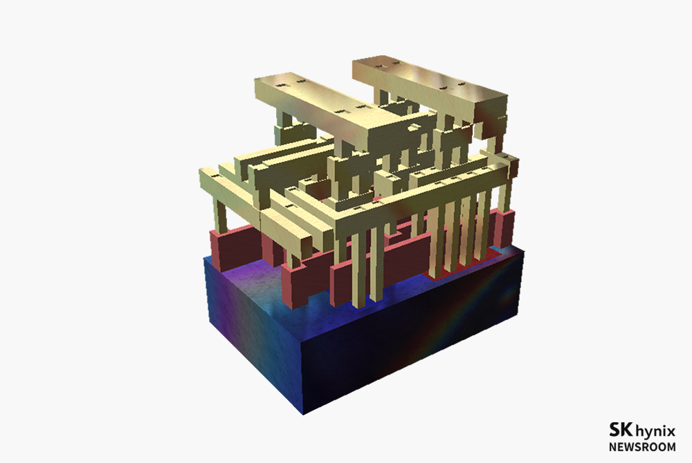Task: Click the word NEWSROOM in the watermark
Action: (x=642, y=446)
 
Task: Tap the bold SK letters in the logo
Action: (x=621, y=429)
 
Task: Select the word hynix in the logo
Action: (x=655, y=431)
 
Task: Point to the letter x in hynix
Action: (x=671, y=431)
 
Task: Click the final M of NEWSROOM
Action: (x=671, y=446)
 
